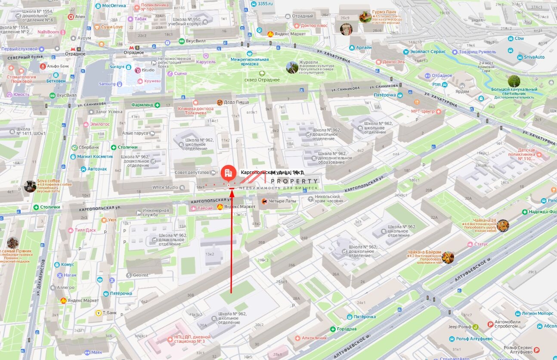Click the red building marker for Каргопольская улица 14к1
click(x=228, y=173)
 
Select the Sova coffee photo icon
click(x=30, y=186)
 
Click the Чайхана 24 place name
click(x=484, y=220)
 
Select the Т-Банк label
click(x=111, y=313)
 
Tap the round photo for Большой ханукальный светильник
click(x=514, y=81)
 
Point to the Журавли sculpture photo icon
click(x=292, y=67)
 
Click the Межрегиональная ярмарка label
click(x=250, y=62)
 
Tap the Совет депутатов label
click(x=192, y=172)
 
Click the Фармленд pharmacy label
click(x=142, y=105)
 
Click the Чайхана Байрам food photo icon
click(x=448, y=258)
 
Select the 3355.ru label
click(x=264, y=4)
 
